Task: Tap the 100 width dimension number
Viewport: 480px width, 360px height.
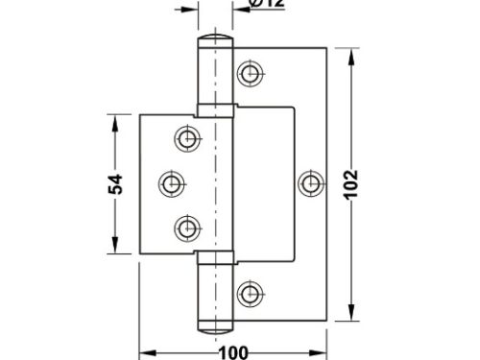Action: tap(236, 352)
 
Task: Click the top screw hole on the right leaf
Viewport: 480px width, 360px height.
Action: tap(251, 72)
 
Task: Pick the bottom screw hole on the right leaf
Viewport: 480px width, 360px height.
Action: tap(251, 292)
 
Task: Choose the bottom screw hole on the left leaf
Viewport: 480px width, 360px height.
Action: tap(186, 227)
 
